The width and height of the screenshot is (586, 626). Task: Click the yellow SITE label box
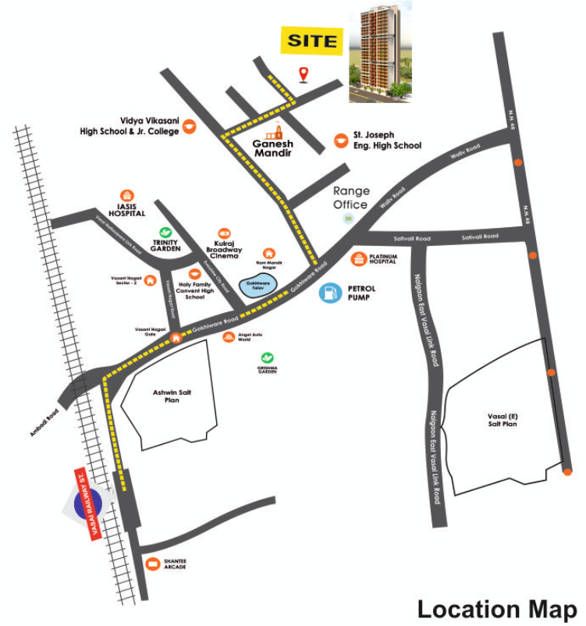312,41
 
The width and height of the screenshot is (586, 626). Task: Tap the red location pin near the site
304,74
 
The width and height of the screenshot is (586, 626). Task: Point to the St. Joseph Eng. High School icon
341,140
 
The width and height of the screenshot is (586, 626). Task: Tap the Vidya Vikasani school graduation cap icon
190,126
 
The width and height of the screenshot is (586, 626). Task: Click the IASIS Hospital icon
127,196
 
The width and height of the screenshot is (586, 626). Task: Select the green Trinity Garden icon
165,232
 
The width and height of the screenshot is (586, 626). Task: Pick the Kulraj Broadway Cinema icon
224,233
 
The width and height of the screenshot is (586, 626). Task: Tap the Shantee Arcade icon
153,564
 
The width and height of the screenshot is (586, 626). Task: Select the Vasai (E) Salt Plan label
502,419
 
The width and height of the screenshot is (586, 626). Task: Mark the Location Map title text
497,609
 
